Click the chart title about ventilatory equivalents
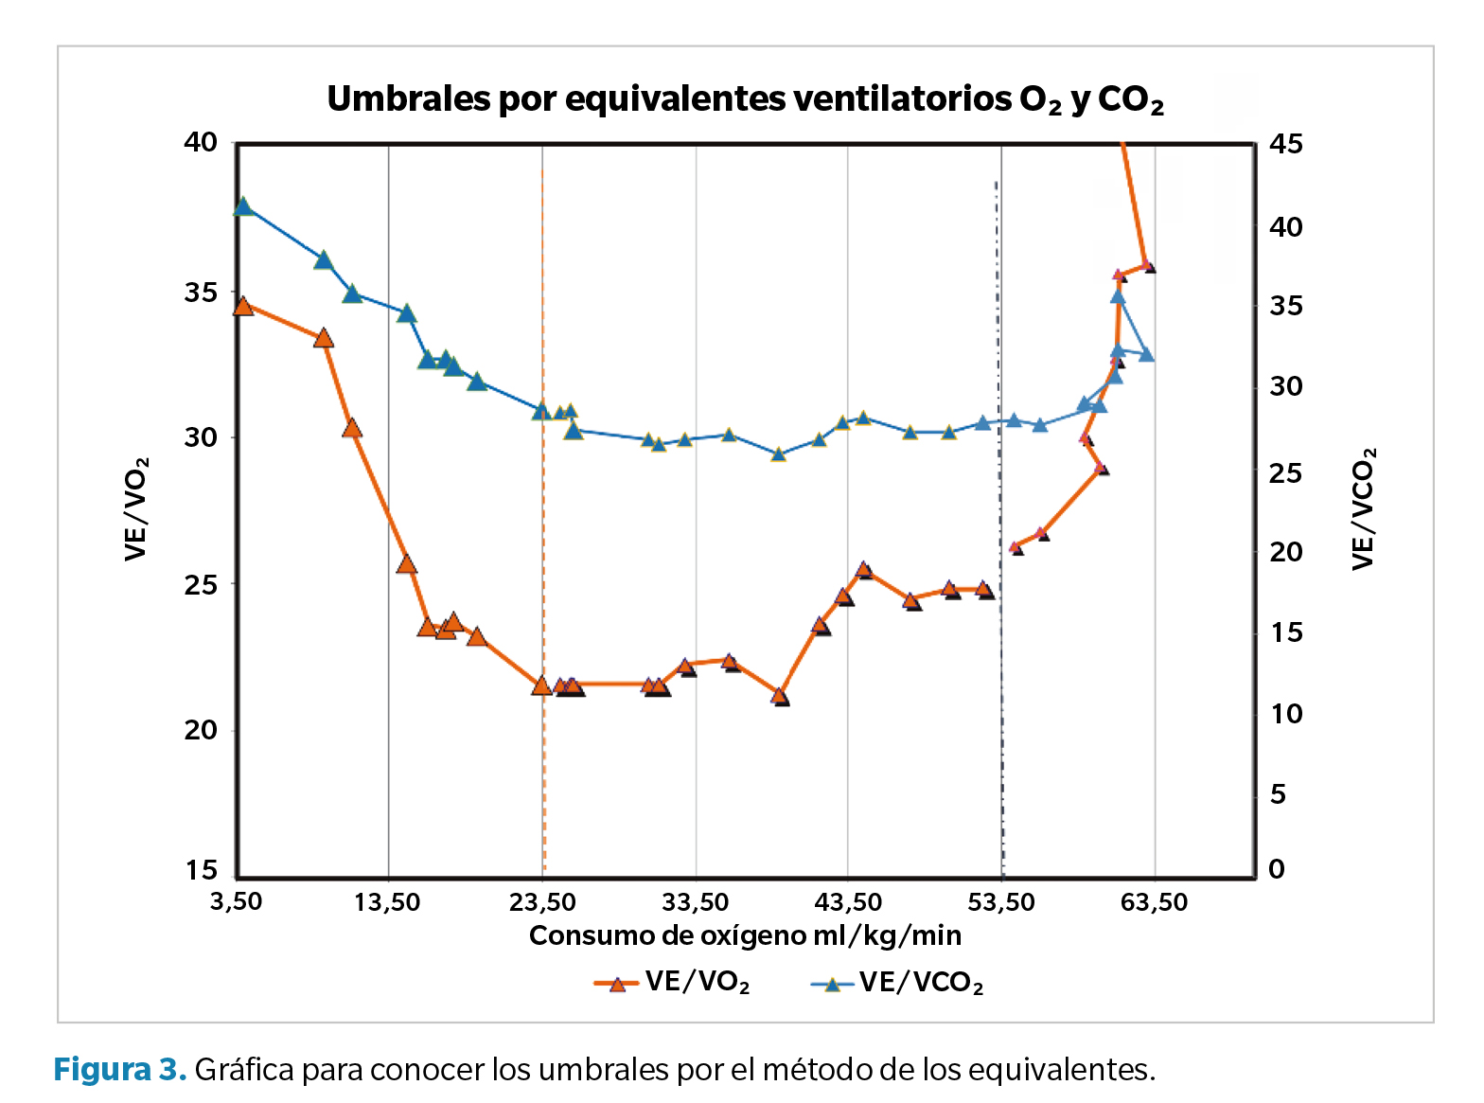[745, 99]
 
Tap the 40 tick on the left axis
[201, 143]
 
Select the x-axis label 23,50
[542, 902]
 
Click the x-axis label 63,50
[1155, 902]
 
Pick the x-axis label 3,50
[237, 902]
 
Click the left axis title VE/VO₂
[137, 508]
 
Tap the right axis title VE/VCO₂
[1364, 508]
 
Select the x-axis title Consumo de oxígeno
[745, 936]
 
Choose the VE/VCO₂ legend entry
[897, 984]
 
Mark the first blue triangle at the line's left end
[243, 206]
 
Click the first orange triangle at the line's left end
[243, 306]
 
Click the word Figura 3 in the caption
[119, 1070]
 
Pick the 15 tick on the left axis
[201, 870]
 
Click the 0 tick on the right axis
[1277, 870]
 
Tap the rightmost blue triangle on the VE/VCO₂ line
[1146, 354]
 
